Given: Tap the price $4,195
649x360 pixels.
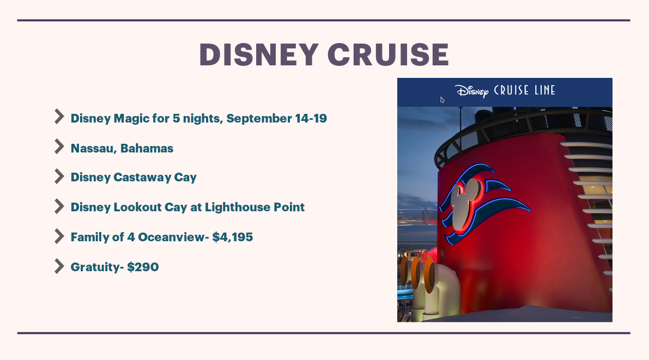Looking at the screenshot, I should click(233, 237).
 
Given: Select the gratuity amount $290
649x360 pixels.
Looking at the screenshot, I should click(143, 267).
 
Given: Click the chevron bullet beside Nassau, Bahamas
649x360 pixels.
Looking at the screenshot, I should click(59, 147).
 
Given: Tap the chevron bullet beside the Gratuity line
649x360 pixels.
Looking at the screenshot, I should click(59, 266).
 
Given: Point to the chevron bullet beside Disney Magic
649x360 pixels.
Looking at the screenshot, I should click(59, 117).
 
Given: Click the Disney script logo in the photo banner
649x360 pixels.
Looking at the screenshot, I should click(472, 91).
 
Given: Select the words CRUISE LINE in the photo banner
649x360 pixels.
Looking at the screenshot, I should click(524, 90).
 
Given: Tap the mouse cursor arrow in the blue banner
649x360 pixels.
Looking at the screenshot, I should click(442, 100).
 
